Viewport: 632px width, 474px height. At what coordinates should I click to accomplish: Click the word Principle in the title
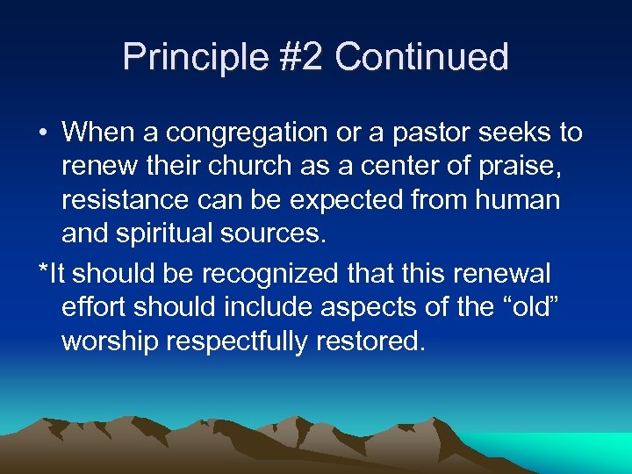183,57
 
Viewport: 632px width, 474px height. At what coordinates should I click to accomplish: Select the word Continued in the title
421,57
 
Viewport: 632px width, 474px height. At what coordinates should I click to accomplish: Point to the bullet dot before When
43,133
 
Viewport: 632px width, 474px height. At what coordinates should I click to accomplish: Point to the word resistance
124,201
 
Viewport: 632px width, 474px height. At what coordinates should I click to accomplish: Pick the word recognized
269,273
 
